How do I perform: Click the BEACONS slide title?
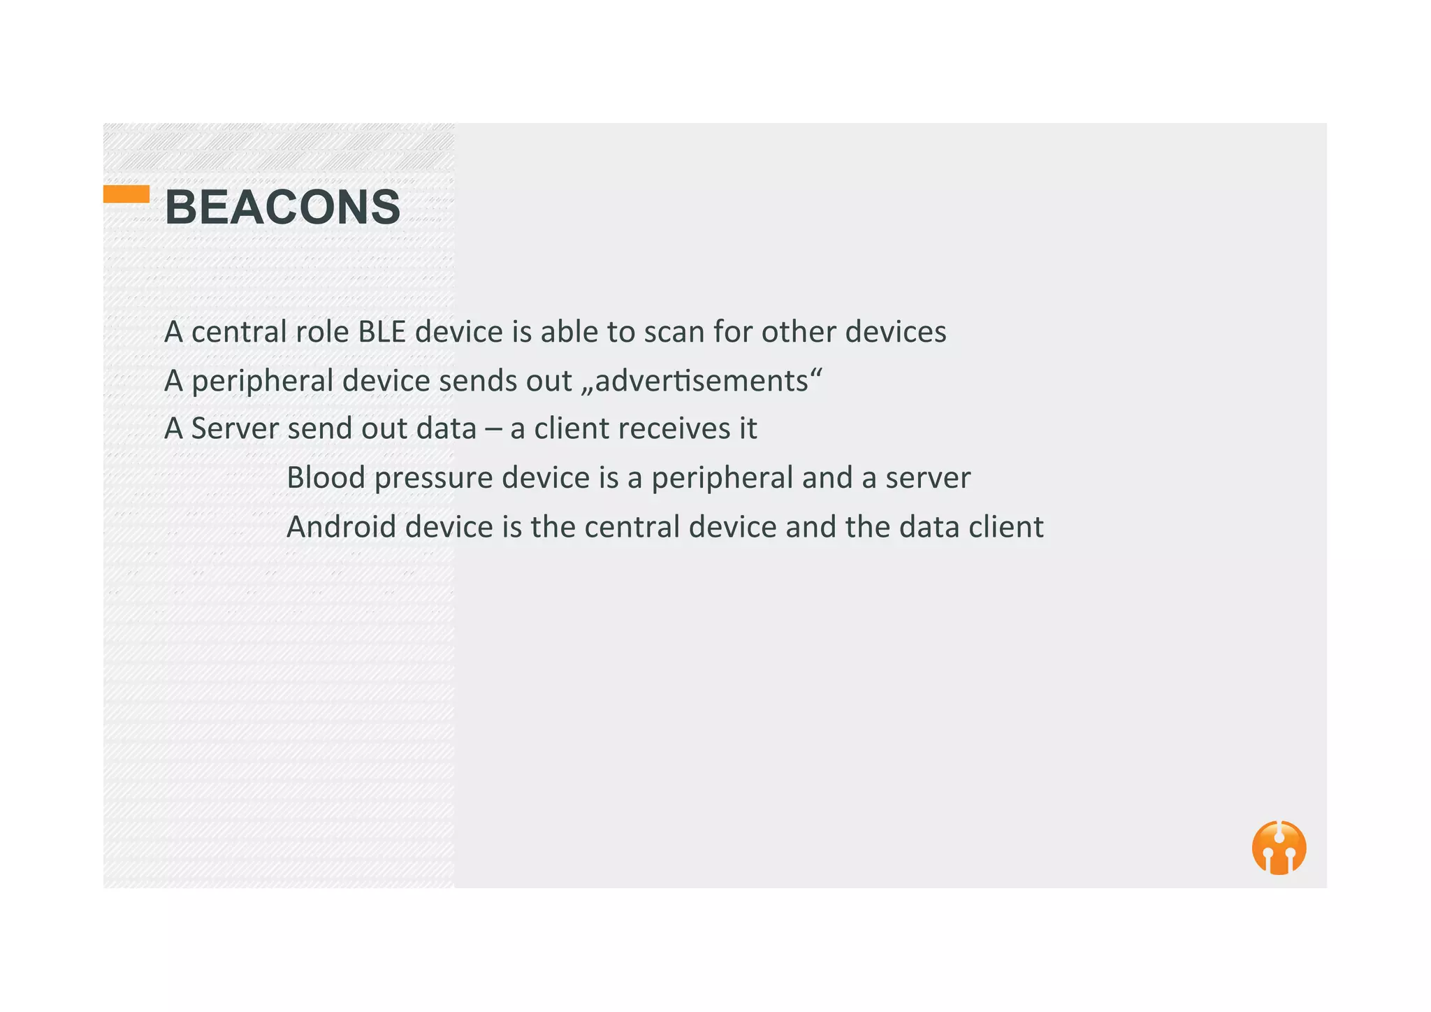coord(282,208)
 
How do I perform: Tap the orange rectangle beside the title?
coord(126,194)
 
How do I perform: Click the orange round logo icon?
coord(1279,848)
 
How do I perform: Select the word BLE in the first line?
coord(382,332)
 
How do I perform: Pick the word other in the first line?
coord(799,332)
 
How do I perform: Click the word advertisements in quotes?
coord(701,381)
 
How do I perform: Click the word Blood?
coord(326,478)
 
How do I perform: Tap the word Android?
coord(341,527)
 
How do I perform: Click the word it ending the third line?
coord(748,428)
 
